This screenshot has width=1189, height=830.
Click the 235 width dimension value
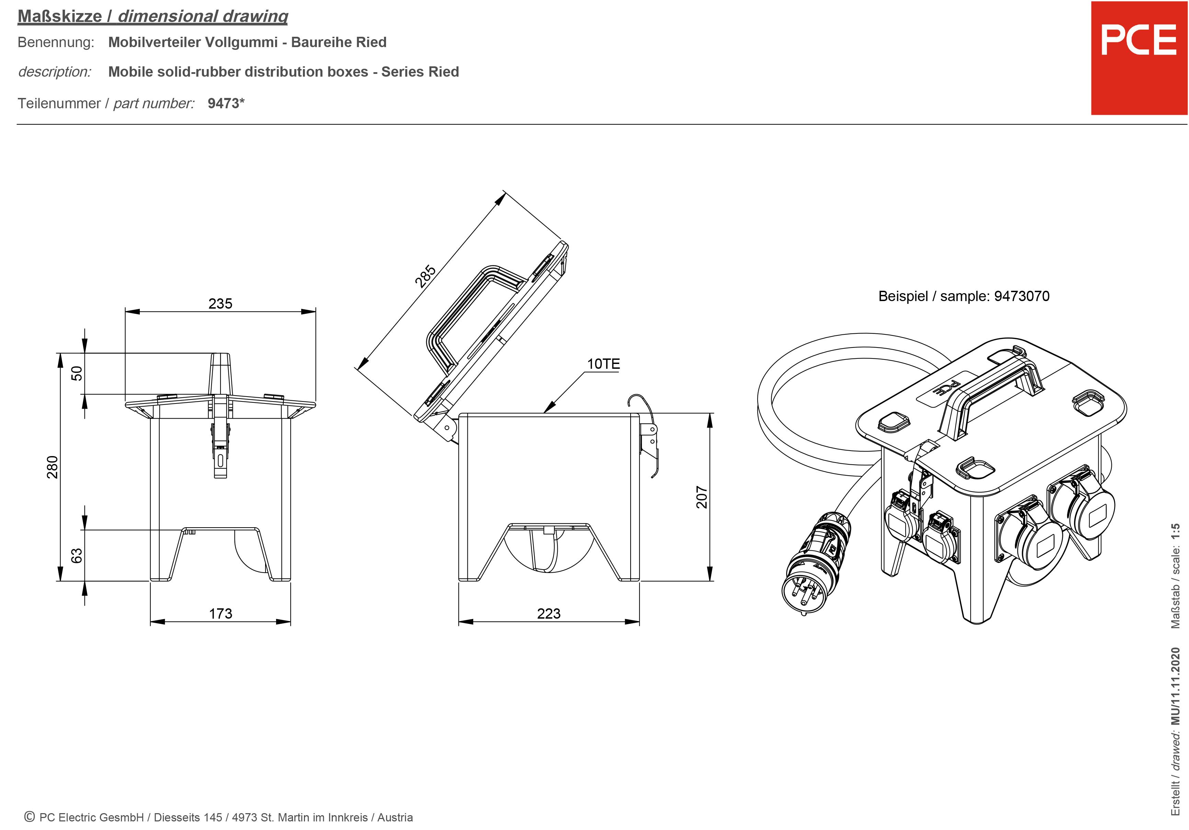220,303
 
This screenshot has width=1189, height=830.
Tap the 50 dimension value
77,373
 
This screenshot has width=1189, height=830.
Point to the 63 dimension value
77,555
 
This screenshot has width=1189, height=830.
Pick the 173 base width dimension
220,613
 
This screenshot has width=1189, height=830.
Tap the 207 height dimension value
701,497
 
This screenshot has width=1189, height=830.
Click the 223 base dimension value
548,613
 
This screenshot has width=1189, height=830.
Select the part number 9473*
226,103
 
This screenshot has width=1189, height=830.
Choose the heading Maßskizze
59,16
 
